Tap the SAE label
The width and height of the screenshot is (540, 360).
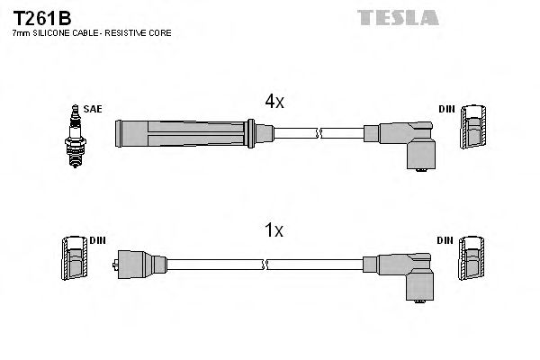pyautogui.click(x=93, y=109)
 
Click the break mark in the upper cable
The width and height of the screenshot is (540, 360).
pyautogui.click(x=319, y=134)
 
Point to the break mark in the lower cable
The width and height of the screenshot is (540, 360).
pyautogui.click(x=266, y=264)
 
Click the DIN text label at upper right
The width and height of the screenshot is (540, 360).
pyautogui.click(x=446, y=109)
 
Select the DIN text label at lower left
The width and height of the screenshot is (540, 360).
pyautogui.click(x=97, y=240)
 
